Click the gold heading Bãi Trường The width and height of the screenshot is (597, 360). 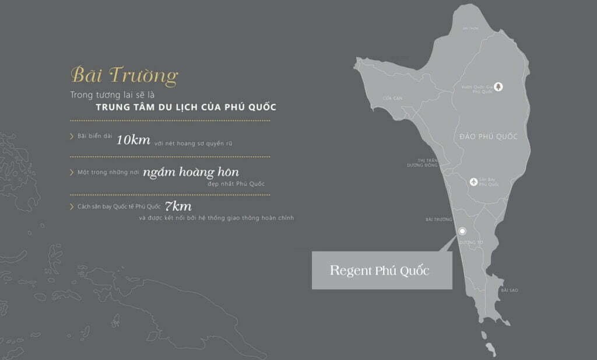click(x=124, y=76)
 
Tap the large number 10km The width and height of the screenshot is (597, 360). click(x=134, y=139)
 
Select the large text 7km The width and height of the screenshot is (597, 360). click(x=178, y=206)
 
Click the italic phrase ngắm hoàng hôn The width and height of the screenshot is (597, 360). click(x=191, y=172)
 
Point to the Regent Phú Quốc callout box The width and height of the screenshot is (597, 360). click(x=382, y=271)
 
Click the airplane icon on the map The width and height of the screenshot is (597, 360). click(x=475, y=181)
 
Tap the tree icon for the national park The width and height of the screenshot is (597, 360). click(x=499, y=86)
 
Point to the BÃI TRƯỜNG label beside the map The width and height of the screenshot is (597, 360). click(x=439, y=219)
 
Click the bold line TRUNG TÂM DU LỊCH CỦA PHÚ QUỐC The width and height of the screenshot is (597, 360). click(x=186, y=107)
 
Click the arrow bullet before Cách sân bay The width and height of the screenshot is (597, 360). click(x=71, y=207)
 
